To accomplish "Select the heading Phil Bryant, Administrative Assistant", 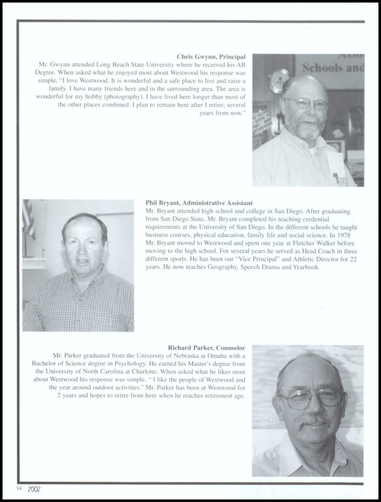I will (199, 202).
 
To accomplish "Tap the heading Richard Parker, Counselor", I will (206, 348).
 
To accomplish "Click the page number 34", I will (19, 488).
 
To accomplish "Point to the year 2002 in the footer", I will (34, 489).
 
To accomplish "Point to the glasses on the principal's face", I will (306, 104).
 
